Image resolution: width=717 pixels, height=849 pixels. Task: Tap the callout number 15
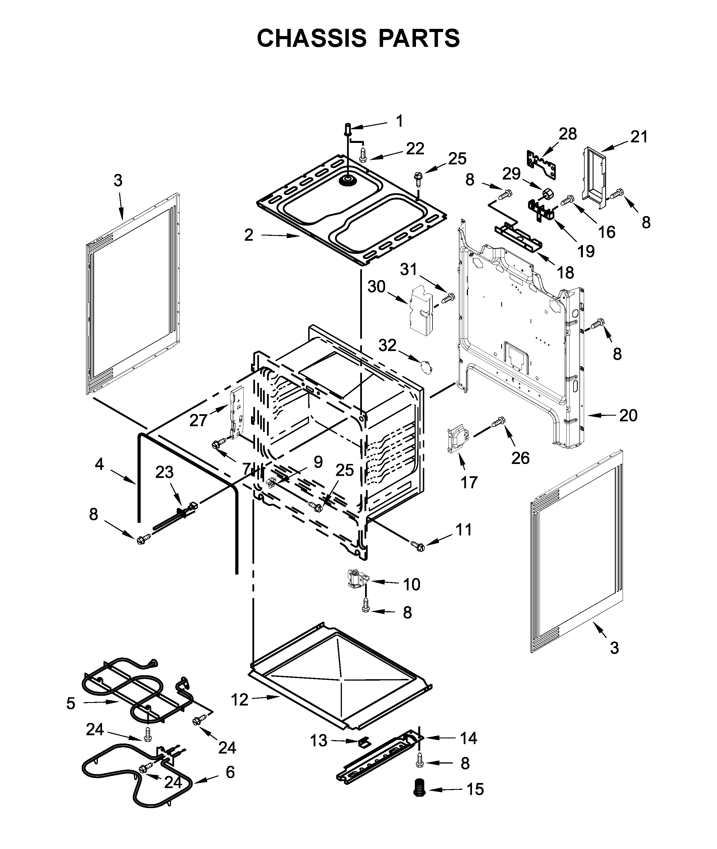click(x=475, y=789)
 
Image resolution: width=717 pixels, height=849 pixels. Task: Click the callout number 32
click(x=387, y=345)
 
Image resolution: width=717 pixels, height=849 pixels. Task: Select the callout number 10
click(x=411, y=584)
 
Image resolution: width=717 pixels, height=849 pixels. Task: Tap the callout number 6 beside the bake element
click(x=230, y=772)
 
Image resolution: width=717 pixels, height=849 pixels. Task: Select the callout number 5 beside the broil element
click(x=71, y=703)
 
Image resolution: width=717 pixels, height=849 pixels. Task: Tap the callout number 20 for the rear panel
click(x=628, y=415)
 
